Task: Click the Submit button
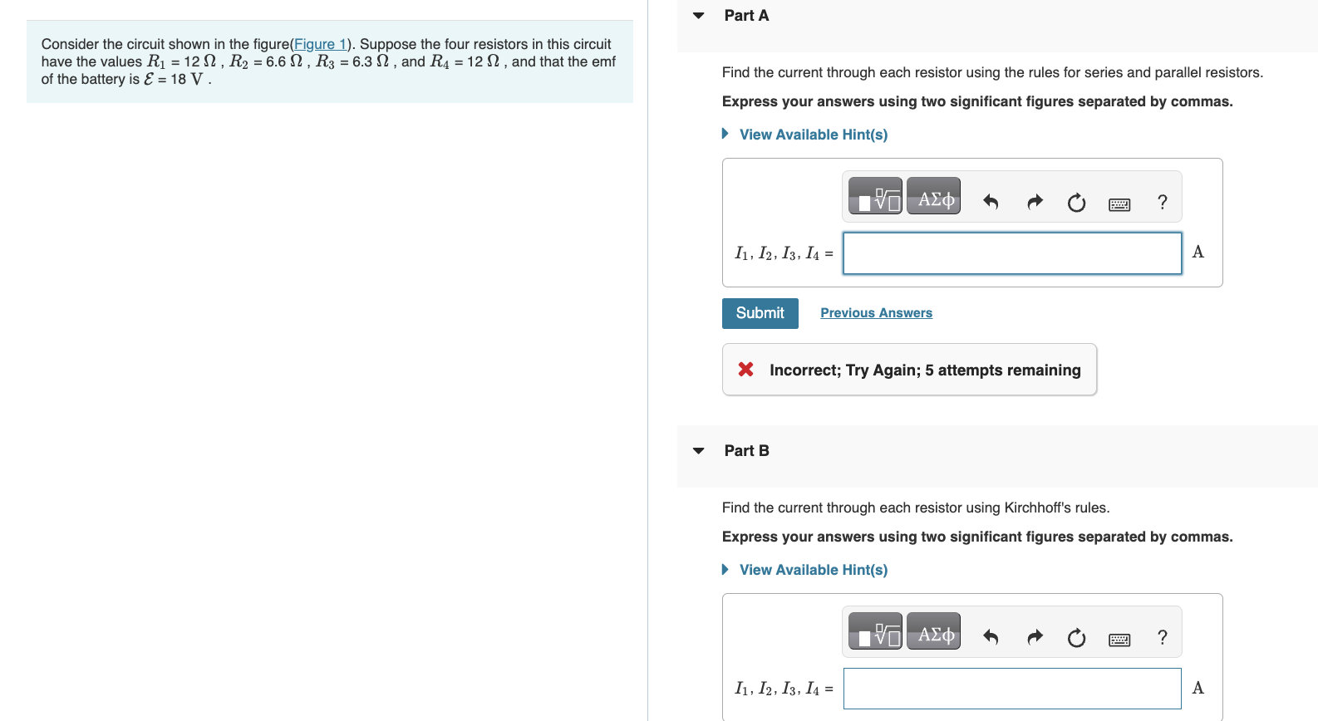[x=760, y=313]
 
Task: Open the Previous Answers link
[x=876, y=313]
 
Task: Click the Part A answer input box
[x=1011, y=253]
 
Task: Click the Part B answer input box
[x=1011, y=689]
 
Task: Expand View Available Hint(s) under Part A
[x=813, y=135]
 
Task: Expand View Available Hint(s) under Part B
[x=813, y=570]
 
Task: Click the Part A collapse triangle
[x=699, y=16]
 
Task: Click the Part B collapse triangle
[x=699, y=451]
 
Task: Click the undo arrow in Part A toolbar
[x=990, y=202]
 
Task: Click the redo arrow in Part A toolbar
[x=1034, y=202]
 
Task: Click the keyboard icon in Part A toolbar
[x=1119, y=204]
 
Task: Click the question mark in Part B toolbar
[x=1162, y=637]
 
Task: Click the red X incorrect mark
[x=745, y=370]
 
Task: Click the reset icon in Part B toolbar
[x=1076, y=637]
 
